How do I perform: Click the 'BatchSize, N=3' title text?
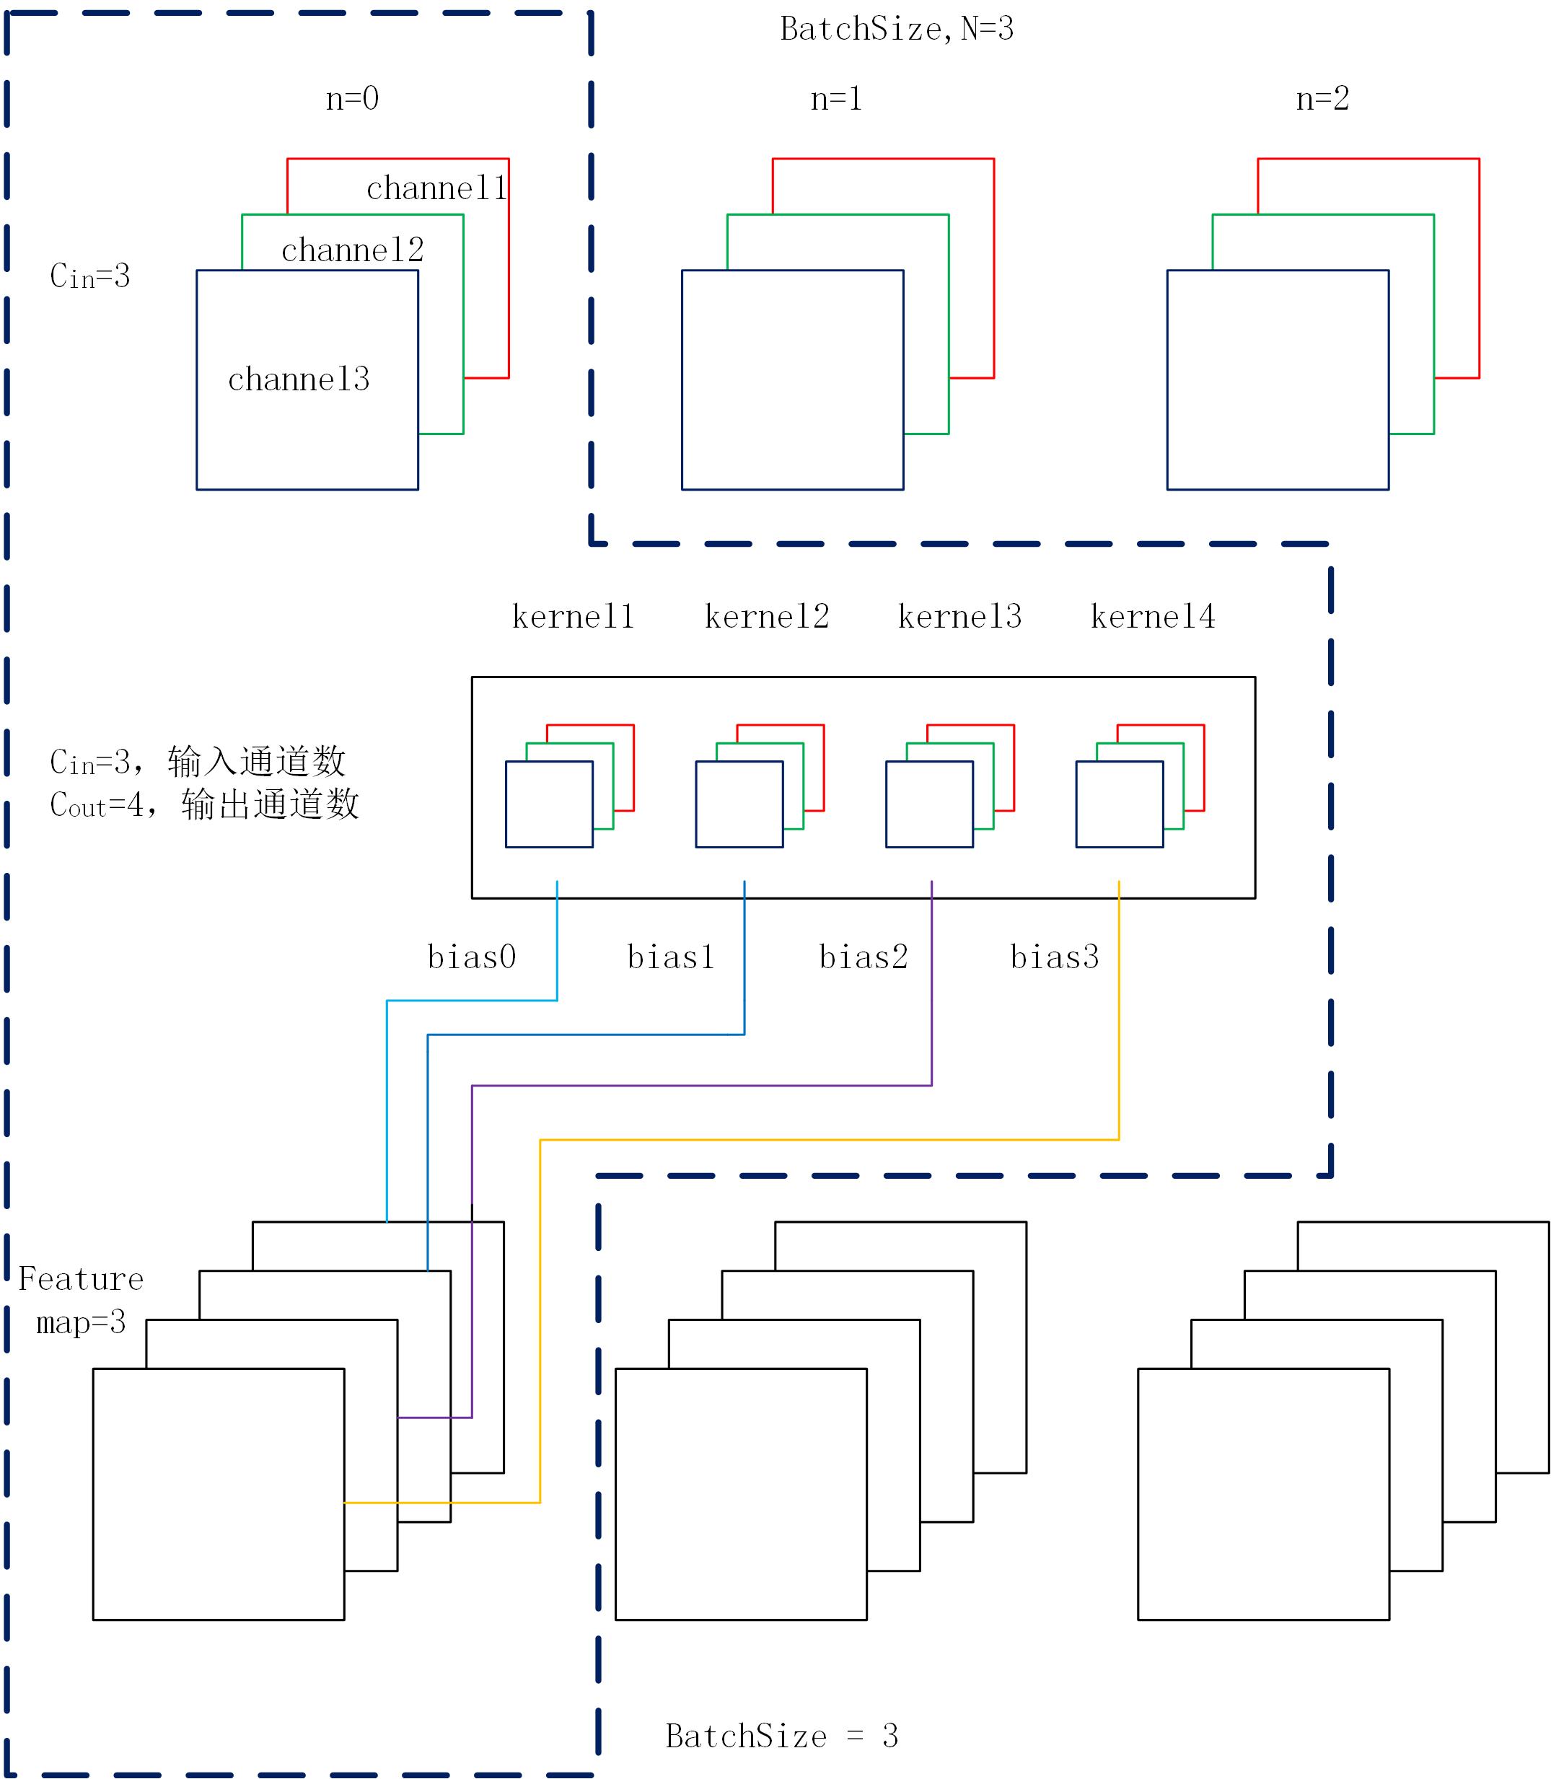pos(896,30)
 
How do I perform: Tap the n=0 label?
pos(351,99)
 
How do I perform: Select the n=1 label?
pos(836,99)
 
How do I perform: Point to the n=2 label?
pos(1322,99)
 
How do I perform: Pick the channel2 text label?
pos(352,250)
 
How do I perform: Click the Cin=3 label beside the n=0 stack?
pos(90,277)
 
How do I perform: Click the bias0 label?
pos(472,957)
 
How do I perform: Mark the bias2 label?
pos(863,957)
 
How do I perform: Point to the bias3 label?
pos(1054,957)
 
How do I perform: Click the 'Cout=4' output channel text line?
pos(204,805)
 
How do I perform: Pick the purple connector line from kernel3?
pos(701,1085)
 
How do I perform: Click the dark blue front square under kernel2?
pos(739,804)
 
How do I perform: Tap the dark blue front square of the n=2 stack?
pos(1278,380)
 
